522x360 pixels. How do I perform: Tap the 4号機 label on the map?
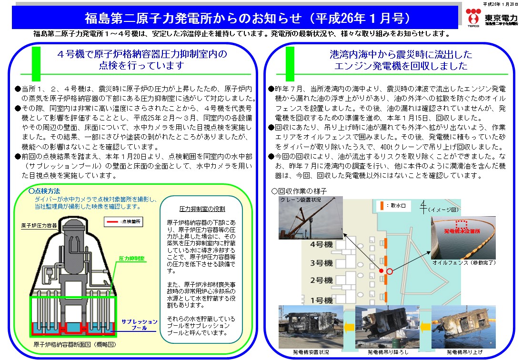[321, 245]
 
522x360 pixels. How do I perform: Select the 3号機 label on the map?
[321, 262]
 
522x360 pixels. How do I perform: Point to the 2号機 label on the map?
[321, 280]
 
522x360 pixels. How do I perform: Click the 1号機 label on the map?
[321, 300]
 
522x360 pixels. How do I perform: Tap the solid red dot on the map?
[381, 270]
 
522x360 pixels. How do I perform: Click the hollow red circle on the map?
[390, 271]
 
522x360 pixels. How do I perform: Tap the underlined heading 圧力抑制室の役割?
[202, 209]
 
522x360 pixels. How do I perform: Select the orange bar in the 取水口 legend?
[381, 206]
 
